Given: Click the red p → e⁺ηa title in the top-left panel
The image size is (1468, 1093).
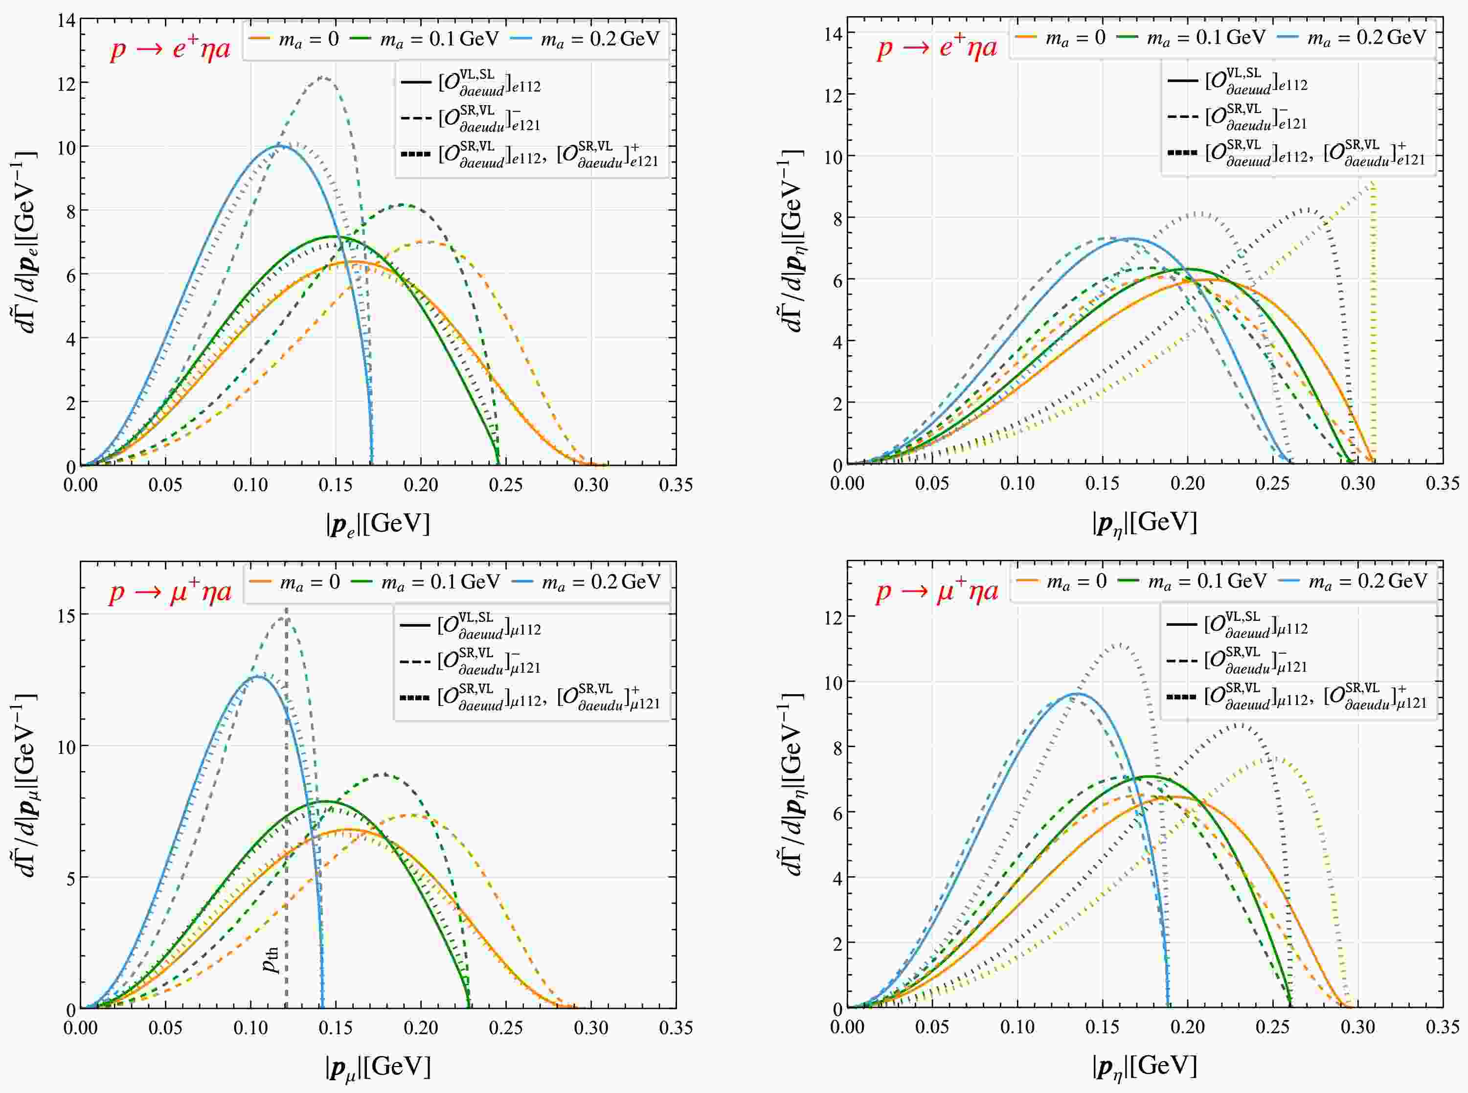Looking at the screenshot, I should pos(170,49).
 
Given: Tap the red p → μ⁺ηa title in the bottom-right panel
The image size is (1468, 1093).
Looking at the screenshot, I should pos(937,591).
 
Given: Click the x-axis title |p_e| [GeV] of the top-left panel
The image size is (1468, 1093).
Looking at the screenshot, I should pos(378,524).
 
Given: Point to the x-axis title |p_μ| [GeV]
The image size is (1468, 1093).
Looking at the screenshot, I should pos(378,1067).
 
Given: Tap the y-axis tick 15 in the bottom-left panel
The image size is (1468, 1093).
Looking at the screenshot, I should pos(66,615).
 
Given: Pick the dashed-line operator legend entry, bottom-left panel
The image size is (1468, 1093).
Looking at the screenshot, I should pos(471,661).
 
